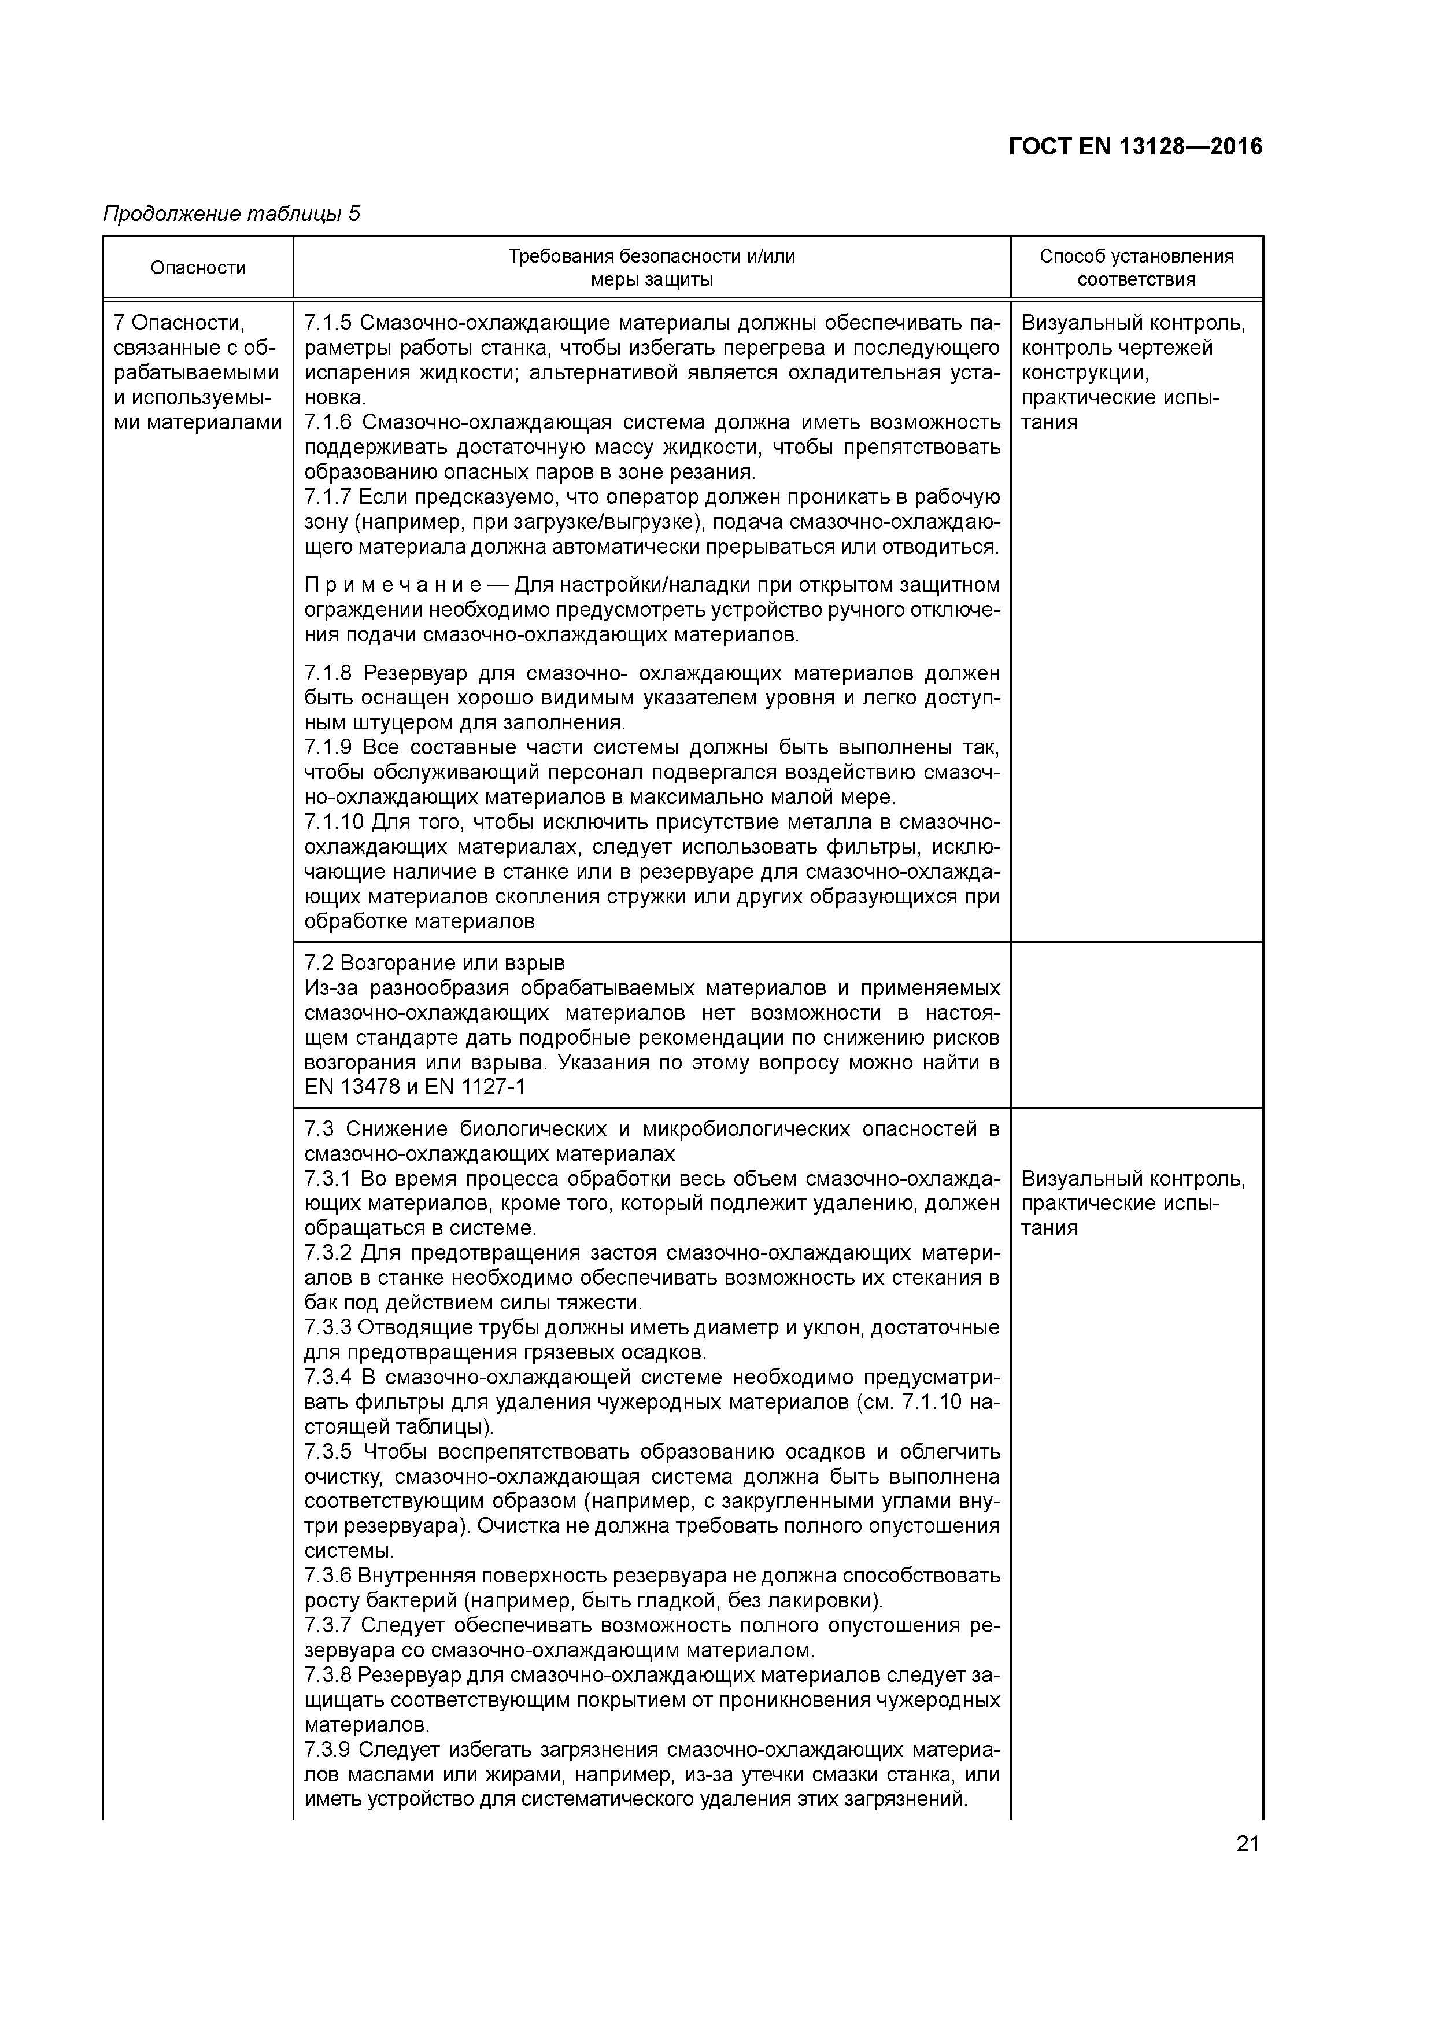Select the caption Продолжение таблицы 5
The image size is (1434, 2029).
[231, 214]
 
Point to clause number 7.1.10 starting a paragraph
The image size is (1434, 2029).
[334, 822]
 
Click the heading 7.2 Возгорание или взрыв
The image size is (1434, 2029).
[434, 962]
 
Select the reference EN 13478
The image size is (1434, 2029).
[352, 1087]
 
